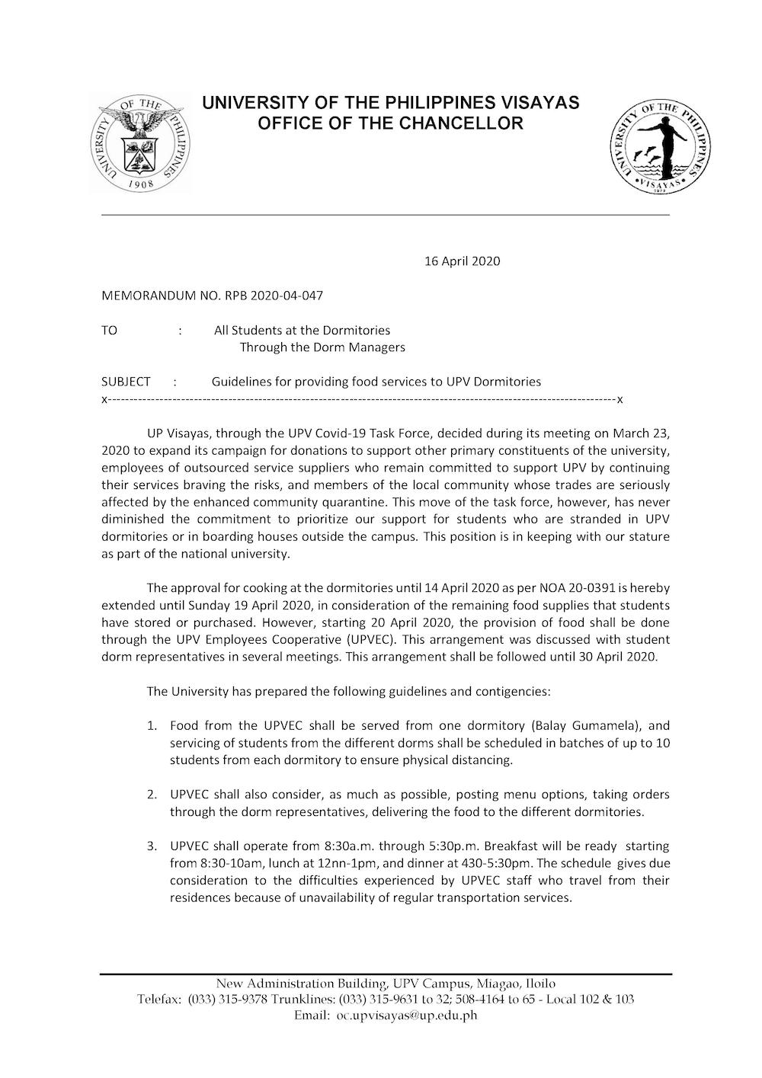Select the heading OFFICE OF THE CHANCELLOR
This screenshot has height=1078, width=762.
[x=390, y=123]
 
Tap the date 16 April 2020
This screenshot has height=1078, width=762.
[x=462, y=261]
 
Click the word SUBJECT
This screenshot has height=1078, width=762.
[x=126, y=382]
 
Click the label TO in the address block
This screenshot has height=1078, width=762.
[x=110, y=331]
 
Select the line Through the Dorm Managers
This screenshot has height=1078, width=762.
[x=322, y=347]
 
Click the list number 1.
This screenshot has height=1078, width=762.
[x=152, y=726]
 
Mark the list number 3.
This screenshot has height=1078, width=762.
[x=152, y=846]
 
